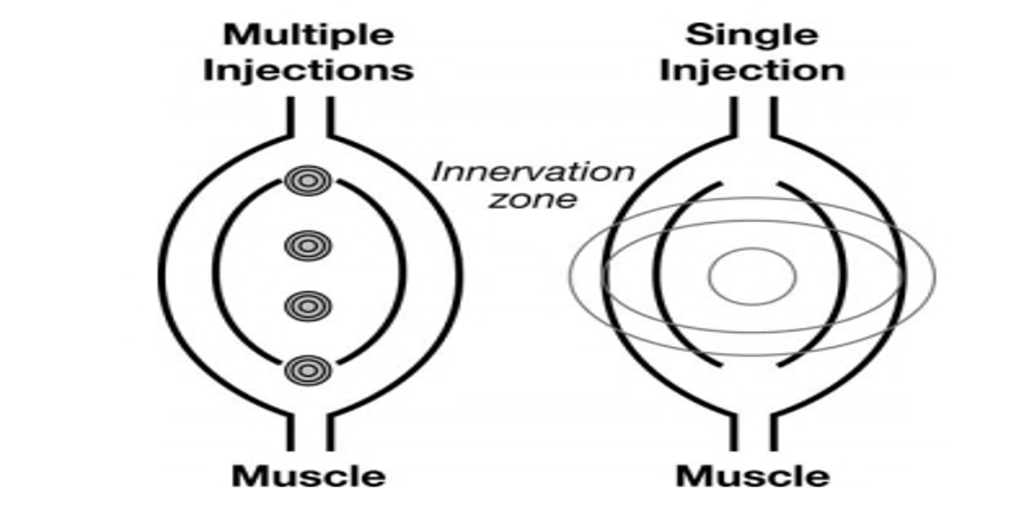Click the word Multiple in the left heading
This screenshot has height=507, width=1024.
click(308, 36)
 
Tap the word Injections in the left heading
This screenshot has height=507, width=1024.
click(308, 70)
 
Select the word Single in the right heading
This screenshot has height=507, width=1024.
click(752, 35)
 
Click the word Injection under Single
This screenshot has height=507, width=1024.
click(752, 70)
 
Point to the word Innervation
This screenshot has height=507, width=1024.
click(533, 172)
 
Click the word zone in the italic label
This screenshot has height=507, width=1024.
click(533, 199)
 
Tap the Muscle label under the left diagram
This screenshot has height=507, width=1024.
click(308, 477)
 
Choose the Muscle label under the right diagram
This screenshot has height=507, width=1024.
click(752, 477)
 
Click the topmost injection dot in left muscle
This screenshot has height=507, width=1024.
click(308, 181)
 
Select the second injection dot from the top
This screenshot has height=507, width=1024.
click(308, 246)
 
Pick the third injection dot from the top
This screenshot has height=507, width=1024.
click(308, 306)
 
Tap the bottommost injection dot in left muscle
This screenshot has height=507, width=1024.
click(308, 371)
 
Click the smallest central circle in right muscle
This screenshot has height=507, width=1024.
click(752, 276)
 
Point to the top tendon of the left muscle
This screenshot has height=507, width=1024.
click(310, 116)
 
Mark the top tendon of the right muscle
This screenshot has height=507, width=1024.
click(753, 116)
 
